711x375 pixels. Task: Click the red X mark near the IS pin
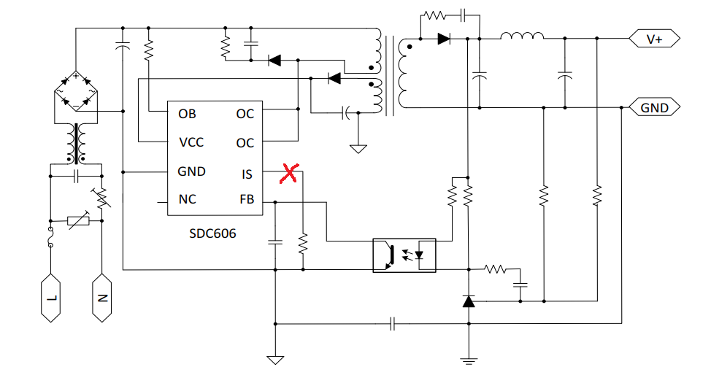tap(289, 173)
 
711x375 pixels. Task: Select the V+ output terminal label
tap(654, 39)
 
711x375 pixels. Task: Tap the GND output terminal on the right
tap(654, 107)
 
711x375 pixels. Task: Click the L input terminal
tap(51, 298)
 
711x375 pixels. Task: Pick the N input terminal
tap(102, 298)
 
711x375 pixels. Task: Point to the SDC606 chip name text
tap(212, 233)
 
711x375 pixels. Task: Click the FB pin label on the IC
tap(247, 199)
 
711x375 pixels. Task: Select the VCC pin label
tap(191, 142)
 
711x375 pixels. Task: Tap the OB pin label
tap(187, 114)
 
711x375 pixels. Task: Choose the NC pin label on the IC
tap(188, 199)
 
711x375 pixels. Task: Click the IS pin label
tap(247, 174)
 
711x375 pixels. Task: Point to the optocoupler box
tap(404, 255)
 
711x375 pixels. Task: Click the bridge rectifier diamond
tap(76, 91)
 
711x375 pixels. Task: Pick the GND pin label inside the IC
tap(191, 171)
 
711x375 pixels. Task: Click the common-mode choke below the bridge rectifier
tap(76, 143)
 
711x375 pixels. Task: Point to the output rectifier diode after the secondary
tap(444, 39)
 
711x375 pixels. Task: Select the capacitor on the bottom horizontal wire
tap(393, 324)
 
